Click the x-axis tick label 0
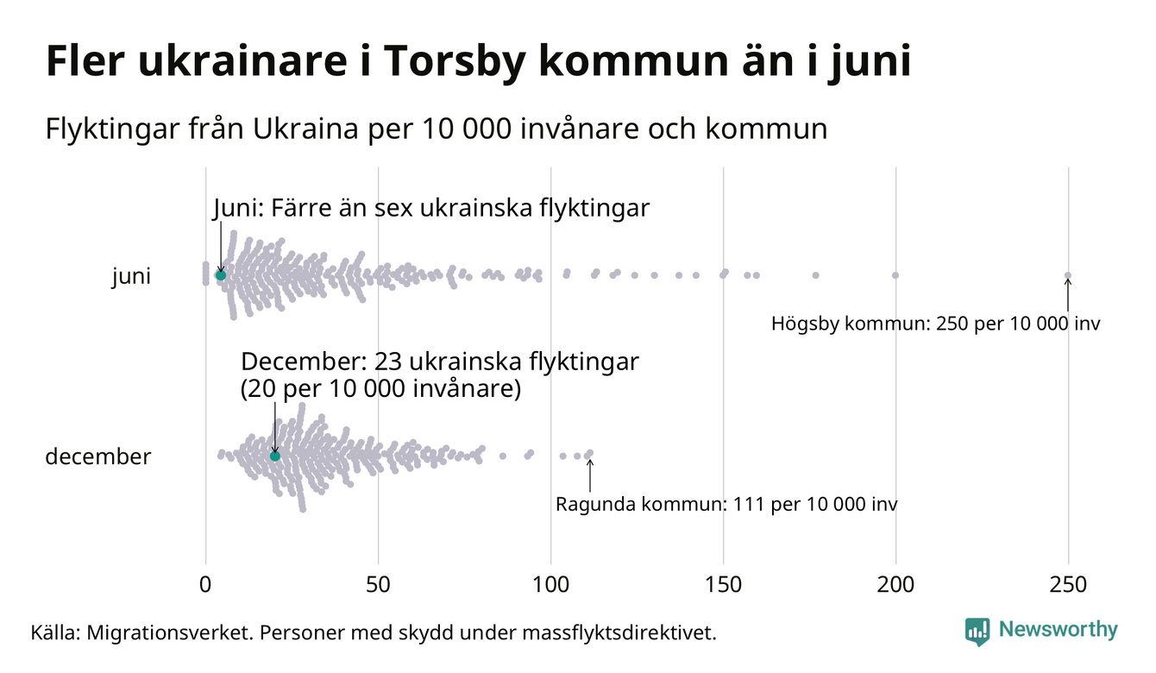coord(205,585)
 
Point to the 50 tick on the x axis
coord(378,585)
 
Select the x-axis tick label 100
coord(550,585)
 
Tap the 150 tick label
coord(723,585)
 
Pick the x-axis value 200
coord(895,585)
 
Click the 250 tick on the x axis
coord(1068,585)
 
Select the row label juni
coord(131,277)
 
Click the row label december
coord(97,456)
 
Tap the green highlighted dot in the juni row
coord(220,275)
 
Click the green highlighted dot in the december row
coord(275,456)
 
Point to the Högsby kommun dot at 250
coord(1068,276)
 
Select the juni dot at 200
coord(895,275)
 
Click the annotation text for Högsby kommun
coord(936,324)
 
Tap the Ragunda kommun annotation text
coord(726,504)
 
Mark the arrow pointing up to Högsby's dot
coord(1068,295)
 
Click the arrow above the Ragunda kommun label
coord(590,474)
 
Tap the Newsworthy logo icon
coord(977,632)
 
